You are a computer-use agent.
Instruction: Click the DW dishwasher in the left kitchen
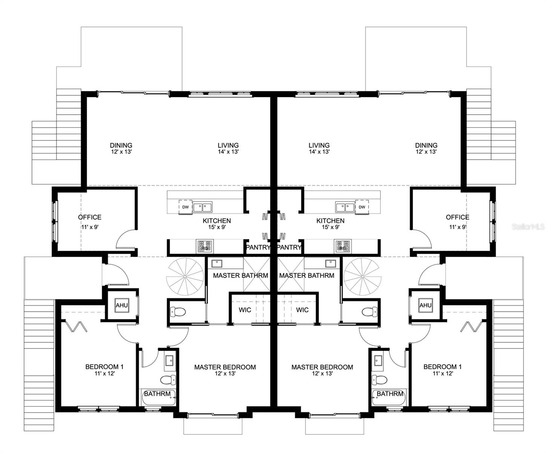click(185, 207)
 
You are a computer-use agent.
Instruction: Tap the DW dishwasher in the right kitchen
click(362, 207)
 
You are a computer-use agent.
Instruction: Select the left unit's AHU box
click(121, 305)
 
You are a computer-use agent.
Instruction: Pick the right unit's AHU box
click(425, 305)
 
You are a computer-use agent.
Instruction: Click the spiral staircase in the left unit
click(186, 277)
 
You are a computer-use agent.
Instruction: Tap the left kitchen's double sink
click(202, 207)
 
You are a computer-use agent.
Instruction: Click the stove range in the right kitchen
click(343, 247)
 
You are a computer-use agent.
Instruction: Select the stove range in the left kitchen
click(204, 247)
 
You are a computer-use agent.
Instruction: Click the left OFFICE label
click(90, 217)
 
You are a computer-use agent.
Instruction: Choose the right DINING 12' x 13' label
click(426, 148)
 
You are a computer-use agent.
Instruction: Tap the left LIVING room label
click(228, 148)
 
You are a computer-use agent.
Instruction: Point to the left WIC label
click(245, 310)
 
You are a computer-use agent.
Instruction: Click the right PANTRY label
click(289, 248)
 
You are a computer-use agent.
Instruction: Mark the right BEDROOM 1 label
click(442, 370)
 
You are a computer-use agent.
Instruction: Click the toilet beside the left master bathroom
click(178, 312)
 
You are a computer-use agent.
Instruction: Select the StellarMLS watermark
click(528, 227)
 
